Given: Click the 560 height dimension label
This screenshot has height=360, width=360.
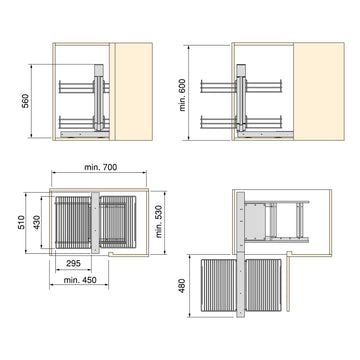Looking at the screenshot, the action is (x=26, y=101).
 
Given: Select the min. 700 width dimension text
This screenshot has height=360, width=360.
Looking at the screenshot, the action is (x=100, y=167).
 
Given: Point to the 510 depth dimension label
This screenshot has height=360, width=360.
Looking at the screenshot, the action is (x=21, y=222).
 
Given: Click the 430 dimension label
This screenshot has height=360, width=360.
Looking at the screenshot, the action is (x=36, y=222).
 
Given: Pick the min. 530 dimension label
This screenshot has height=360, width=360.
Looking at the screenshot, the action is (x=159, y=221).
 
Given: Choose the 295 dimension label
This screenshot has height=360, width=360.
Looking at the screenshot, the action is (x=73, y=263).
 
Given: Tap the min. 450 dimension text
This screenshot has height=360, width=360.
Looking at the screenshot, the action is (x=80, y=280).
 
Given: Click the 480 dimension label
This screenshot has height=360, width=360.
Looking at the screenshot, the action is (x=182, y=286).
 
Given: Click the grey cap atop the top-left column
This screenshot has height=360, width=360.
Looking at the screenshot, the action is (x=99, y=70).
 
